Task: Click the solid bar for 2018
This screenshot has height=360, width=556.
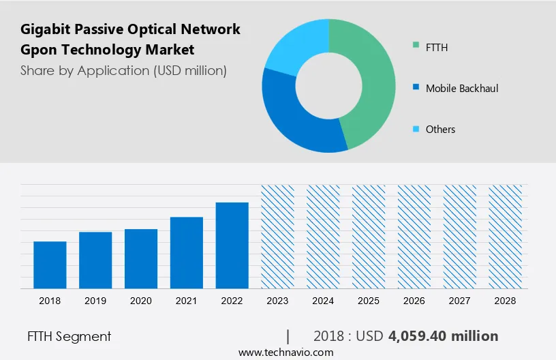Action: click(50, 265)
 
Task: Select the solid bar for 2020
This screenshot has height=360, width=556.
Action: click(141, 258)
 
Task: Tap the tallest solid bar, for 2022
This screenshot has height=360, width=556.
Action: click(232, 245)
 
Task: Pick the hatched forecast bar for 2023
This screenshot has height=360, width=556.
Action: click(278, 236)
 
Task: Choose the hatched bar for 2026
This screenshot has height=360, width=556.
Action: click(414, 236)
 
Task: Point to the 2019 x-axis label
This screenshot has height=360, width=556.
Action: click(95, 301)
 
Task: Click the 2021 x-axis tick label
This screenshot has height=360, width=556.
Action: click(187, 301)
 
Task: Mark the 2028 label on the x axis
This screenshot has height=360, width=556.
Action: click(505, 301)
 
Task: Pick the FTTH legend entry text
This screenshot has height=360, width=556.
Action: click(437, 48)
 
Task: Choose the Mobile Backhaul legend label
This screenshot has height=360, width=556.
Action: click(462, 89)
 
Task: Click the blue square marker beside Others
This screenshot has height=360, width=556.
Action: click(416, 130)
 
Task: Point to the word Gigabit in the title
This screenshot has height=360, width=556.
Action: click(46, 29)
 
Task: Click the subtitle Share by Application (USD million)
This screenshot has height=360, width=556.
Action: click(123, 70)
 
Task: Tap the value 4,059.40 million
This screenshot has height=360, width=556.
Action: click(443, 336)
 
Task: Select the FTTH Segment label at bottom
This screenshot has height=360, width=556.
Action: click(69, 336)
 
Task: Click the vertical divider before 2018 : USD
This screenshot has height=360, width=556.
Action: click(288, 336)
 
